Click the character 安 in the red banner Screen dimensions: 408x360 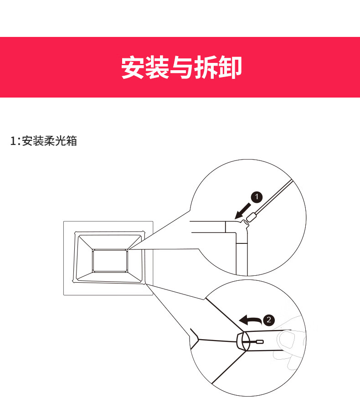133,67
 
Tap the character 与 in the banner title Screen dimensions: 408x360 181,67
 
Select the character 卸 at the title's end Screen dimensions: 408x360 229,67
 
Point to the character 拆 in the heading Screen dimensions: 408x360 205,67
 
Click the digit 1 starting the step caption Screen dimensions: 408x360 13,141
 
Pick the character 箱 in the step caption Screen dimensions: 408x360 71,141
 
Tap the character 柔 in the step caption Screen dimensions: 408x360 49,141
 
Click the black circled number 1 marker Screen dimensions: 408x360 257,196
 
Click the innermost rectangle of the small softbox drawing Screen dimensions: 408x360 110,260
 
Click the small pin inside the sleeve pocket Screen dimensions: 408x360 260,341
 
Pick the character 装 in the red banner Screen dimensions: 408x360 157,67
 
